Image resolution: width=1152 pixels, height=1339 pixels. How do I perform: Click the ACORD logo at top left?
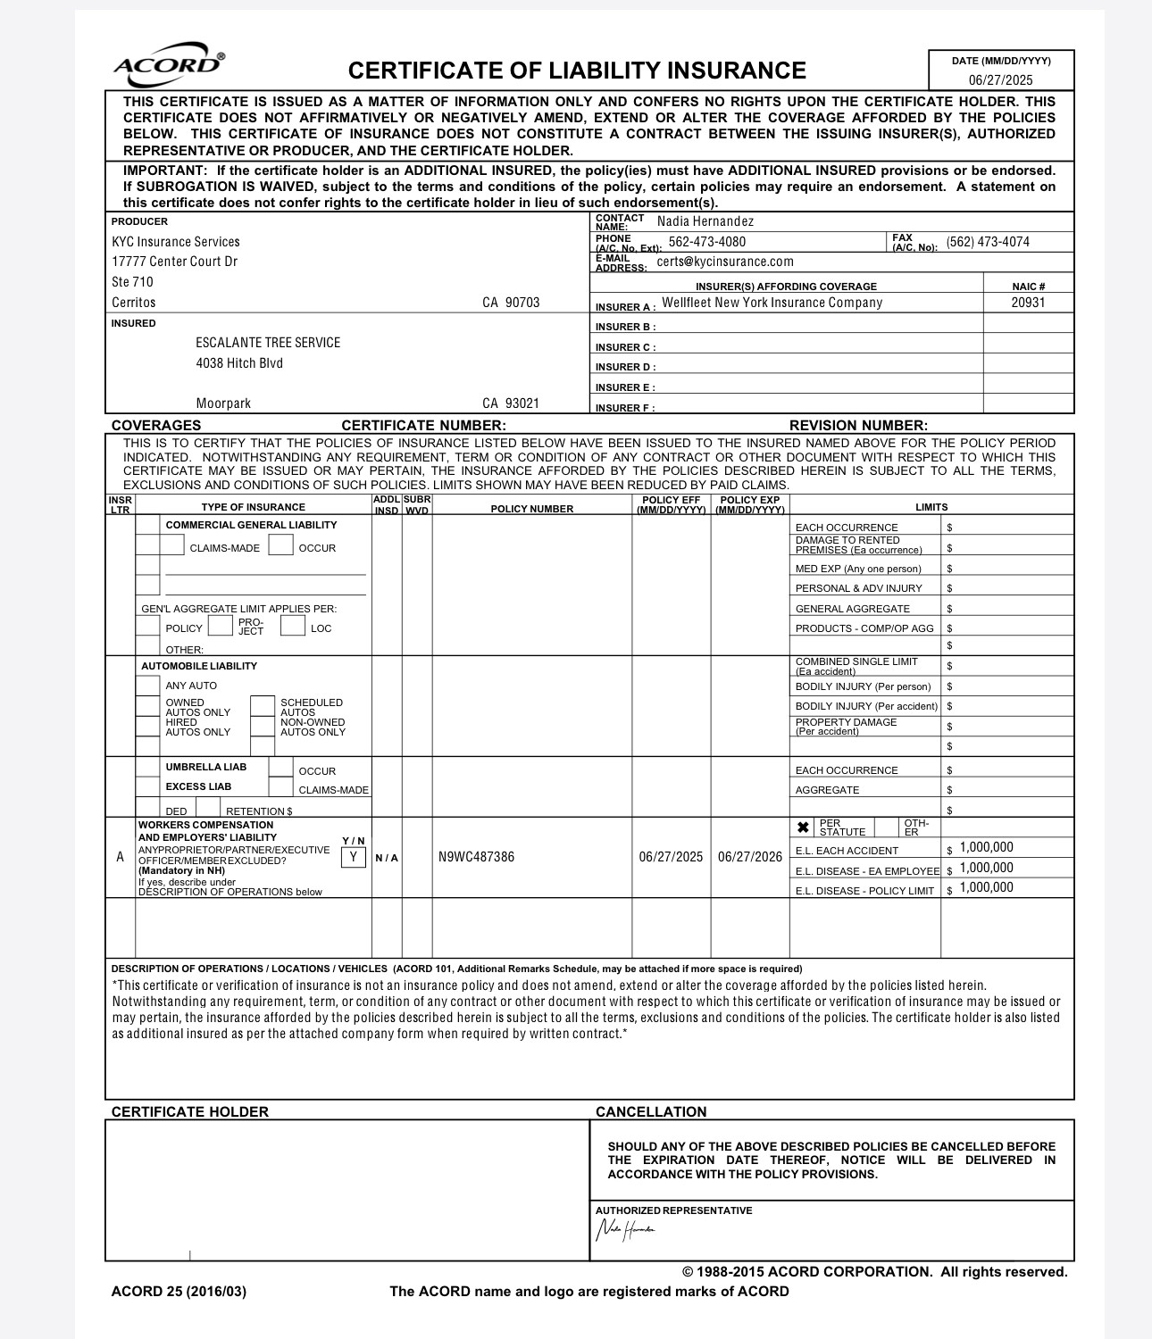coord(169,63)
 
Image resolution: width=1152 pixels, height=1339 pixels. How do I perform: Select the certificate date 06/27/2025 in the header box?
coord(1000,80)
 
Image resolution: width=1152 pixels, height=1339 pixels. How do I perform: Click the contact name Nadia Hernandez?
coord(705,221)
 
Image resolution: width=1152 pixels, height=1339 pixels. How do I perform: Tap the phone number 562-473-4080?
coord(706,242)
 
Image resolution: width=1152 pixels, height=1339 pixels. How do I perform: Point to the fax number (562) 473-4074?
coord(988,242)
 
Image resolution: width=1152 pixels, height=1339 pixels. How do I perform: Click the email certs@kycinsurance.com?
coord(725,262)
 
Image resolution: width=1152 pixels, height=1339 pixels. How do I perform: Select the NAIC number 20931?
coord(1028,303)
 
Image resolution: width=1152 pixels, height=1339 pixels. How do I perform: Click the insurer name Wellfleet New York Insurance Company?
coord(772,303)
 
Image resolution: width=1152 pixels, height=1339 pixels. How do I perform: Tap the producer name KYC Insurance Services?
coord(176,242)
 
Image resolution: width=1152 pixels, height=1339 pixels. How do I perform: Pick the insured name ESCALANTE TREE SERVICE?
coord(268,343)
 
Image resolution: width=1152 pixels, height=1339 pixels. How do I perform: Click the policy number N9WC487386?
coord(476,857)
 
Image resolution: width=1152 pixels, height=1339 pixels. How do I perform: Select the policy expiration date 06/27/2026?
coord(749,857)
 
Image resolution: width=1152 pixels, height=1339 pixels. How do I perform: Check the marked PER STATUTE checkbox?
coord(803,828)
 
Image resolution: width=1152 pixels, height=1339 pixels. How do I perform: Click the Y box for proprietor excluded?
coord(354,857)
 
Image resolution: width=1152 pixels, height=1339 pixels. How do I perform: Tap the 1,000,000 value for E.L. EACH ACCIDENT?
coord(986,847)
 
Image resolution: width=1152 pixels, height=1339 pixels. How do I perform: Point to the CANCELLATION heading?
coord(651,1111)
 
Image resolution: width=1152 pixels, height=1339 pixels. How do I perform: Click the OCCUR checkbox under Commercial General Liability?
coord(280,545)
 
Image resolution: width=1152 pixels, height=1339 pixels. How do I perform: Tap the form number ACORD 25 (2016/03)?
coord(179,1291)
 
